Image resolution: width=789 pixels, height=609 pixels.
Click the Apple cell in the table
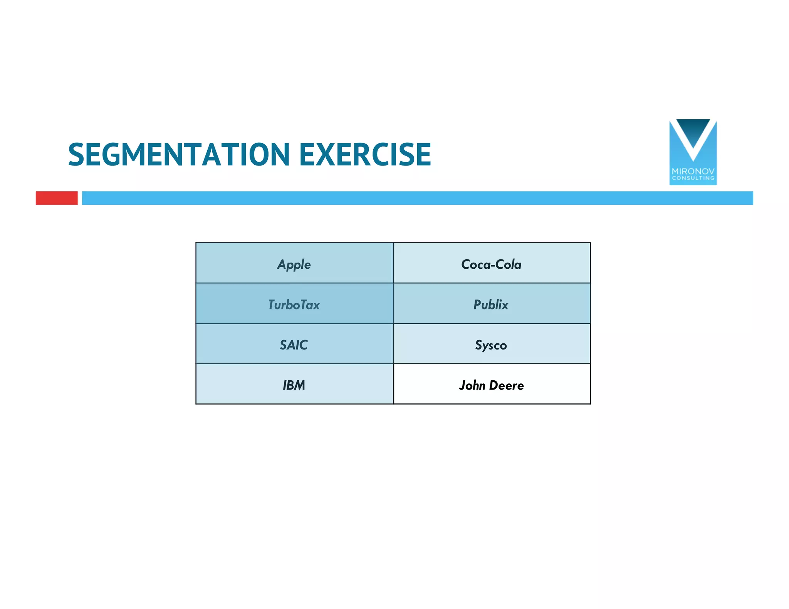click(x=294, y=264)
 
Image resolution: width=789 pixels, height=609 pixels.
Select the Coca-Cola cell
click(x=491, y=264)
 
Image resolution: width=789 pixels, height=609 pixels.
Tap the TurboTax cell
click(x=294, y=305)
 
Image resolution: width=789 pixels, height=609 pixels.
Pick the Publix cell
click(x=491, y=305)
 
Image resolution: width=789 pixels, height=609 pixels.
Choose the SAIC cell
click(x=294, y=345)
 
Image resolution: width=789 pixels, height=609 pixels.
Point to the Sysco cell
click(x=491, y=345)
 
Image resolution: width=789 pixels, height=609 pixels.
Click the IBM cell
click(x=294, y=385)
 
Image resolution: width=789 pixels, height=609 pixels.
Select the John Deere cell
click(x=491, y=385)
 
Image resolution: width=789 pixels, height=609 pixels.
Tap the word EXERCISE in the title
click(x=365, y=155)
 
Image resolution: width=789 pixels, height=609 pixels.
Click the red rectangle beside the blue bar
click(x=57, y=198)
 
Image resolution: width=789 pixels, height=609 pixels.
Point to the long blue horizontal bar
click(x=417, y=198)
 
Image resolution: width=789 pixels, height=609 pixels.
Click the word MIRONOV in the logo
click(x=693, y=171)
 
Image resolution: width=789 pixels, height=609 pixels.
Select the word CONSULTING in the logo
click(x=693, y=178)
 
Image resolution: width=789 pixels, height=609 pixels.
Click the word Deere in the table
click(x=507, y=385)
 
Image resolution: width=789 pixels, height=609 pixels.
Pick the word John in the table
click(x=472, y=385)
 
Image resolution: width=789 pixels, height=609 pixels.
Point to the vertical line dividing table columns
click(x=393, y=323)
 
